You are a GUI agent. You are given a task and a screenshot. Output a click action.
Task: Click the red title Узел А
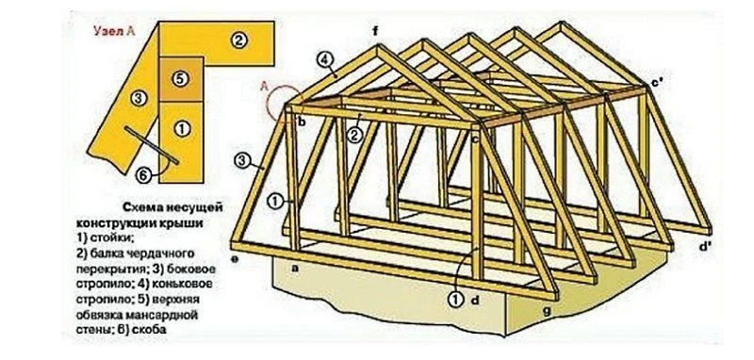114,31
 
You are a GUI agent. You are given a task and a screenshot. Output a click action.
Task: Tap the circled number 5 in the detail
179,79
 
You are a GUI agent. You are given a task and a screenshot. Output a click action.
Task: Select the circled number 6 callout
144,176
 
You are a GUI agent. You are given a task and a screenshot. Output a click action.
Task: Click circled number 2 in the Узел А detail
238,41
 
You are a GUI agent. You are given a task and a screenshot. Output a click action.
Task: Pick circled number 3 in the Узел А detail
138,99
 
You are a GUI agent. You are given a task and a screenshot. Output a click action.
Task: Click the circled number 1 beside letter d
454,299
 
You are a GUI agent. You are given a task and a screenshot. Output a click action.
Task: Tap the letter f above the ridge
375,32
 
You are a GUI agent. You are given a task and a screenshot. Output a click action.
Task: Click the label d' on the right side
705,247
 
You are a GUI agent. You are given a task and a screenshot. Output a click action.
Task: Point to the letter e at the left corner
235,259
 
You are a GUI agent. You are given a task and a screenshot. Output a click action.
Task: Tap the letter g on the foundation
548,311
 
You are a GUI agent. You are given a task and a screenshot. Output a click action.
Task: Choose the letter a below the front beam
295,270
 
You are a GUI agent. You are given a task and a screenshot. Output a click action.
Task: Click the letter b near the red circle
302,123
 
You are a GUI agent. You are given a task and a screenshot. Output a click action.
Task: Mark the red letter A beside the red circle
264,87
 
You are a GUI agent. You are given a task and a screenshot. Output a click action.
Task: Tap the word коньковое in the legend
185,284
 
